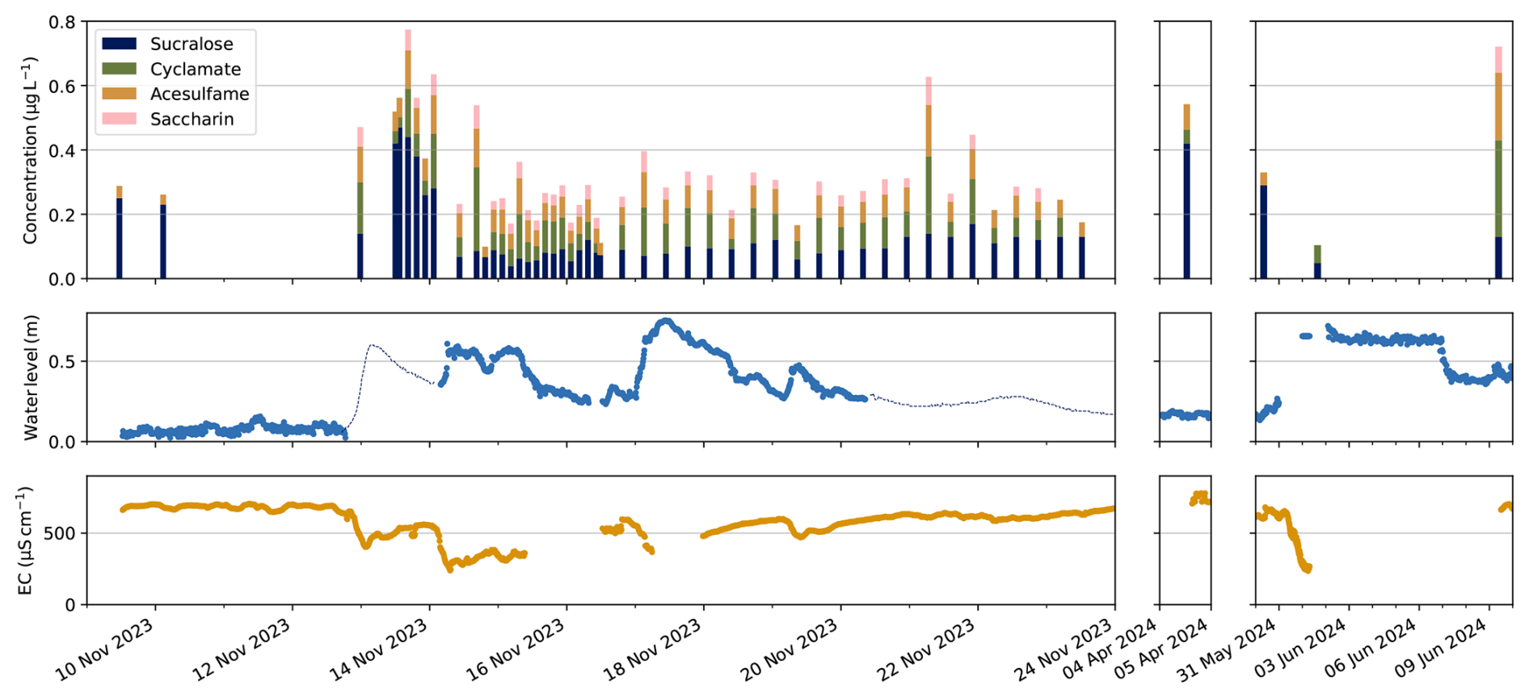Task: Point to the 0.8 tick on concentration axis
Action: click(62, 23)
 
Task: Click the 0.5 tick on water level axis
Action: click(62, 361)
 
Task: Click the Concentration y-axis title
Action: click(31, 150)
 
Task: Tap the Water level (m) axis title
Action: click(31, 377)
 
